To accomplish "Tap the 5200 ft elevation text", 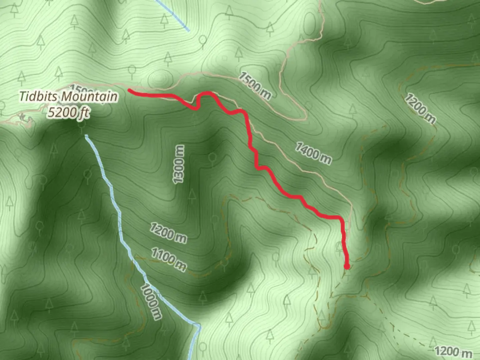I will pyautogui.click(x=68, y=112).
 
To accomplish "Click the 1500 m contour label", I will pyautogui.click(x=254, y=86).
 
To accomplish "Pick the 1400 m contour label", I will pyautogui.click(x=313, y=153).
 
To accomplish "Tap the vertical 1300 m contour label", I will pyautogui.click(x=178, y=164).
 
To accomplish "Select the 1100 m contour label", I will pyautogui.click(x=168, y=259).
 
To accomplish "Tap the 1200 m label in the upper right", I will pyautogui.click(x=420, y=108).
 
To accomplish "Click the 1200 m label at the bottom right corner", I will pyautogui.click(x=453, y=351).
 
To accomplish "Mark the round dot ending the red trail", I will pyautogui.click(x=347, y=266).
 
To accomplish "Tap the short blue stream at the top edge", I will pyautogui.click(x=173, y=15).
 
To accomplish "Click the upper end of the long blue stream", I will pyautogui.click(x=86, y=136).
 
